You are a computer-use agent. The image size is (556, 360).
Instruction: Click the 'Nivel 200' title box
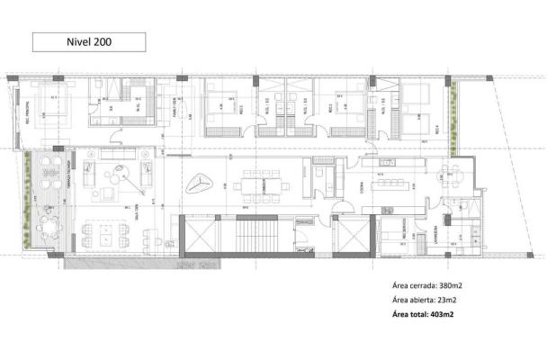click(x=77, y=41)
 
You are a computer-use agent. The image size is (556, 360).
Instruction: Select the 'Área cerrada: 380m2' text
click(x=428, y=285)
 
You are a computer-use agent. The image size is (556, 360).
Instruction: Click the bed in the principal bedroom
click(x=55, y=107)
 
